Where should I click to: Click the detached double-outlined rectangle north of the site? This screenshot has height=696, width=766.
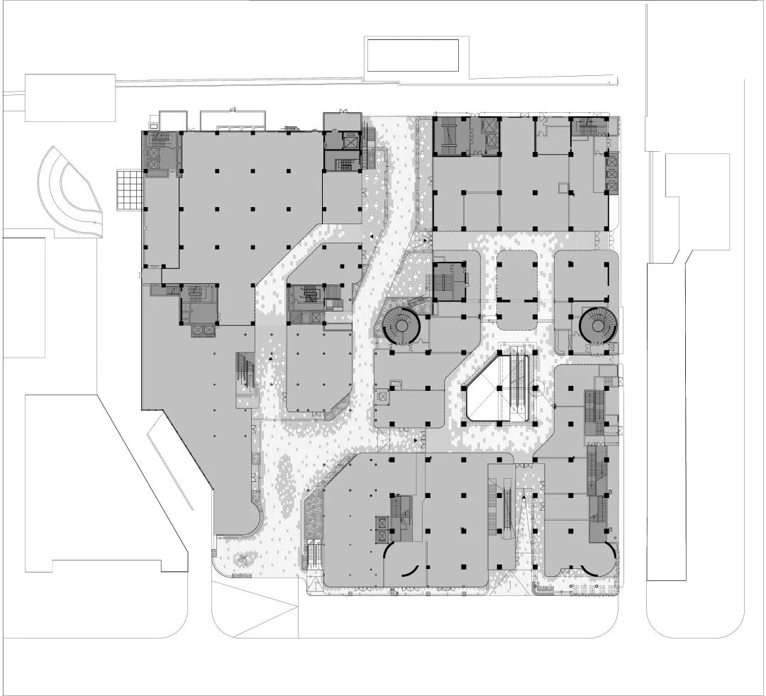click(x=411, y=55)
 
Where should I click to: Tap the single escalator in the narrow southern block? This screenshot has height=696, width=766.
click(x=509, y=504)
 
